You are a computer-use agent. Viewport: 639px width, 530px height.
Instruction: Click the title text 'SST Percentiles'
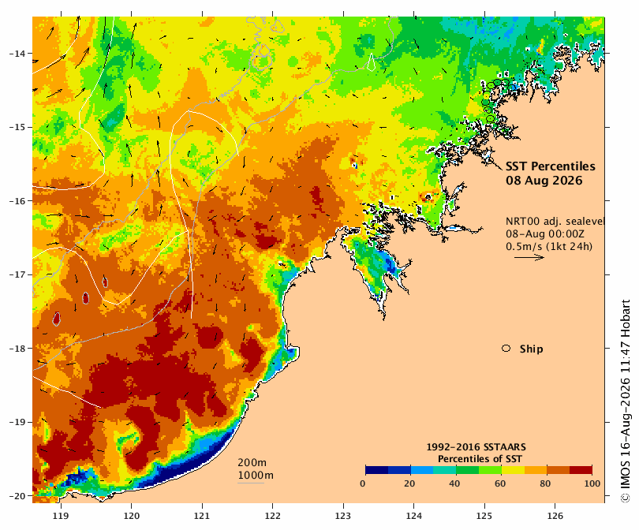(x=550, y=166)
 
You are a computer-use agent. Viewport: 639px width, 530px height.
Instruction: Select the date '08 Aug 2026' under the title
(x=544, y=181)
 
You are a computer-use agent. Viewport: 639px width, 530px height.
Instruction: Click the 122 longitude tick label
(x=272, y=516)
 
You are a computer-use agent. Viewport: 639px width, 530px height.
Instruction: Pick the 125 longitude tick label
(x=484, y=516)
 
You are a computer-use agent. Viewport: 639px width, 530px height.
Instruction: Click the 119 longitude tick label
(x=61, y=516)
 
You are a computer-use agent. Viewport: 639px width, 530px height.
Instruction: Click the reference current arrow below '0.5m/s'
(x=529, y=257)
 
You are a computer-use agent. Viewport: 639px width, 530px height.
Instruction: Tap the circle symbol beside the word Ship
(x=506, y=349)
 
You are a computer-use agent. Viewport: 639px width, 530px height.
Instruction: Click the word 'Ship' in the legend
(x=532, y=349)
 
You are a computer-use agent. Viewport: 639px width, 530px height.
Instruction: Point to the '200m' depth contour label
(x=252, y=463)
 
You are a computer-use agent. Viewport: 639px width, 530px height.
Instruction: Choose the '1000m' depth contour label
(x=256, y=476)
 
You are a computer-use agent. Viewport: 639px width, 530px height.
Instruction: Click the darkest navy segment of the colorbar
(x=377, y=470)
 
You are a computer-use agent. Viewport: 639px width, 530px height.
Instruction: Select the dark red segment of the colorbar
(x=581, y=470)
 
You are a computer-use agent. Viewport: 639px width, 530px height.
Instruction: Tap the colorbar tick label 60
(x=500, y=483)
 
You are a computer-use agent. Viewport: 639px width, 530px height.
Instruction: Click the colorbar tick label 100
(x=592, y=483)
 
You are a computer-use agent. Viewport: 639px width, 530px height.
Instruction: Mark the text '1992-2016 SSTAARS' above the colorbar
(x=476, y=447)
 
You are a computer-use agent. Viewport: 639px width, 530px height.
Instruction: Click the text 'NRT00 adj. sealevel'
(x=555, y=221)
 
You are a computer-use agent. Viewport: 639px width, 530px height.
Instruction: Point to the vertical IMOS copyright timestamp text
(x=625, y=401)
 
